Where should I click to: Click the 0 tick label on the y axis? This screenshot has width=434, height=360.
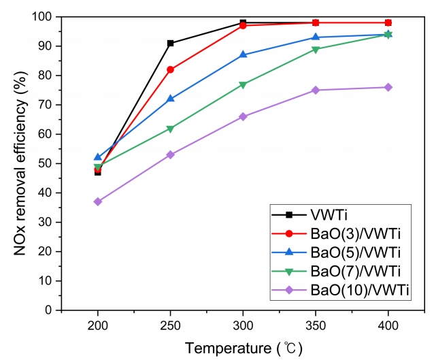point(50,310)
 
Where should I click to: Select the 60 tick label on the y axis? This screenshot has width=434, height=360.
point(46,134)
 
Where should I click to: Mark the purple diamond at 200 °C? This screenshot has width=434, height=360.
point(98,201)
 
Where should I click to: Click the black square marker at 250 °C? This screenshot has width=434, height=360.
point(170,43)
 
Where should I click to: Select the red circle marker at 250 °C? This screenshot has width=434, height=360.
point(170,69)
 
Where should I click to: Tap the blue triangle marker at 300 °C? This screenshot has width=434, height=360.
point(243,54)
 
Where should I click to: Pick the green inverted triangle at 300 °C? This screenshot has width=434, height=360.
point(243,84)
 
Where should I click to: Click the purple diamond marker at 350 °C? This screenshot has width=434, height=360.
point(316,90)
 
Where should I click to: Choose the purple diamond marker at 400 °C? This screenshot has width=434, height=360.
point(388,87)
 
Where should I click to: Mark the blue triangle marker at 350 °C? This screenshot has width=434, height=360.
point(316,37)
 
